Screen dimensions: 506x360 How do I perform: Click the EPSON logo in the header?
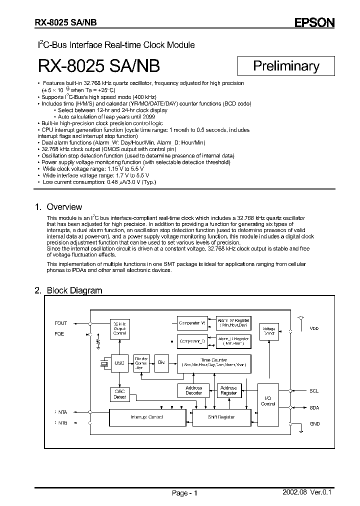pos(314,22)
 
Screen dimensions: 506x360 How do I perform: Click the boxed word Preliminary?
pos(286,65)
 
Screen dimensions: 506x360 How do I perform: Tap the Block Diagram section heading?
pos(74,290)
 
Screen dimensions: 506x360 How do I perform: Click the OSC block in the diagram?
pos(119,363)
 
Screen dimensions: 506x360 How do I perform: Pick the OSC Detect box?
pos(119,394)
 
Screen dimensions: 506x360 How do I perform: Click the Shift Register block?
pos(220,417)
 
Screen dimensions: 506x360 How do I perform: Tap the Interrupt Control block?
pos(146,417)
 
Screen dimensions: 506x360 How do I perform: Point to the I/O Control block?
pos(268,400)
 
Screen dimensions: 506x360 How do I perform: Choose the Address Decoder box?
pos(193,390)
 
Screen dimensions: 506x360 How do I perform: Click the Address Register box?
pos(228,390)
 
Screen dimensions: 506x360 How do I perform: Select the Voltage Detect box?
pos(269,330)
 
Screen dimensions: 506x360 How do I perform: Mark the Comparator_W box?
pos(192,323)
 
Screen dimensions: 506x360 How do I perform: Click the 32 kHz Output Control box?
pos(119,328)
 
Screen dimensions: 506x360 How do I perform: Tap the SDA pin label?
pos(314,408)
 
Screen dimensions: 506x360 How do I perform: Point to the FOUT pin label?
pos(60,323)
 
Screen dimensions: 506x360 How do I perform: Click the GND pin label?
pos(314,423)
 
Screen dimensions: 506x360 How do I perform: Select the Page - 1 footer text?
pos(185,493)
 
